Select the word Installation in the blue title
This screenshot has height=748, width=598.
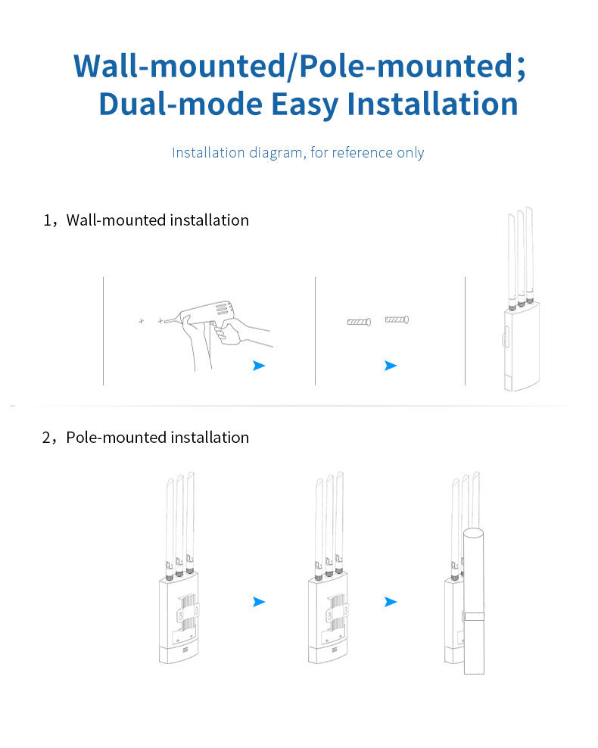click(432, 104)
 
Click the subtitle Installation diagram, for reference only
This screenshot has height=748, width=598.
click(298, 153)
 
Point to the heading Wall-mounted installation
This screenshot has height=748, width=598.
click(157, 220)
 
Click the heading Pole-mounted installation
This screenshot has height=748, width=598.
click(157, 438)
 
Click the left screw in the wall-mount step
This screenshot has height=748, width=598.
click(358, 322)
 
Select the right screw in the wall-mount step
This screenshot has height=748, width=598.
click(397, 320)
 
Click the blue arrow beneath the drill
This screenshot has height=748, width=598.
click(259, 366)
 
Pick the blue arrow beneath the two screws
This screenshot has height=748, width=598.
click(390, 366)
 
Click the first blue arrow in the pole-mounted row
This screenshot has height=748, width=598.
click(259, 602)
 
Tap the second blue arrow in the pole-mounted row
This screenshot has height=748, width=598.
click(390, 602)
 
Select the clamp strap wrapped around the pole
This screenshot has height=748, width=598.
click(475, 616)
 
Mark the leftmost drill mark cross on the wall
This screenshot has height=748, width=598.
click(141, 322)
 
